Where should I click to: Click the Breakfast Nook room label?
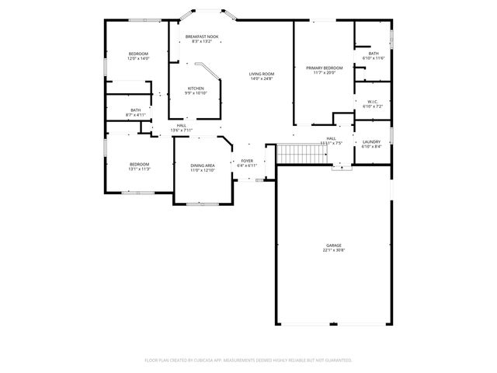tap(202, 37)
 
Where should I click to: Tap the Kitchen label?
tap(196, 89)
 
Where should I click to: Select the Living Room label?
tap(262, 74)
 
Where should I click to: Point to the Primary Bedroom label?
tap(324, 68)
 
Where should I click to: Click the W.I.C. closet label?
tap(372, 101)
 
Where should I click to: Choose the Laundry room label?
tap(371, 141)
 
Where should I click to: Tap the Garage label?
tap(334, 246)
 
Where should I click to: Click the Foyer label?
tap(246, 161)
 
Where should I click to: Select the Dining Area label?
tap(203, 166)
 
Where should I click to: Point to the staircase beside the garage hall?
tap(294, 154)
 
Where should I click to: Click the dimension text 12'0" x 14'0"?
tap(138, 58)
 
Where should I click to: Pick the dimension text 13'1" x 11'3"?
tap(139, 169)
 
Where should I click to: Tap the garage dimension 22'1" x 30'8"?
tap(334, 250)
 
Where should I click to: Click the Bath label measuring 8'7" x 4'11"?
tap(136, 110)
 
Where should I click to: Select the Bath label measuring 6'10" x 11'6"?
tap(374, 54)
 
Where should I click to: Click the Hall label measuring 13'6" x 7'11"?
tap(181, 125)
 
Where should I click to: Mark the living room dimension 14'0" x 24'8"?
tap(262, 78)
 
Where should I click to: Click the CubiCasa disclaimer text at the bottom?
tap(248, 361)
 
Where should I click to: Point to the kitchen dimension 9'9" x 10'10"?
tap(196, 93)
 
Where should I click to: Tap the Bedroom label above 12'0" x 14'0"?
tap(138, 54)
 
